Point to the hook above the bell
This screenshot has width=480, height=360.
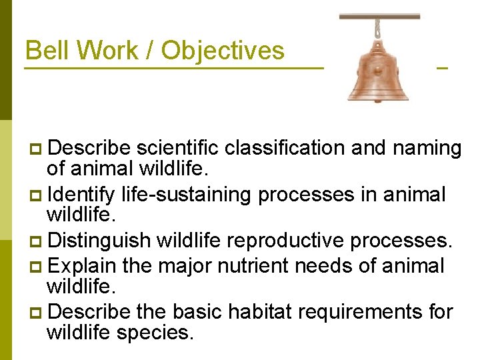coord(379,27)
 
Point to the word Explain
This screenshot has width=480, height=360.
coord(83,266)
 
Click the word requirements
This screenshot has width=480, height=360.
coord(366,312)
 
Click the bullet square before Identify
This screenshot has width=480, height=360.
coord(36,195)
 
